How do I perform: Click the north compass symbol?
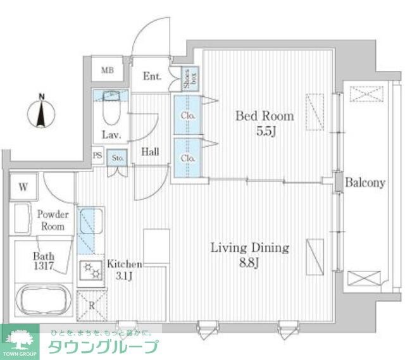point(42,111)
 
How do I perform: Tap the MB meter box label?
point(108,70)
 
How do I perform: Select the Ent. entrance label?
point(152,77)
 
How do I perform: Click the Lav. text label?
point(111,135)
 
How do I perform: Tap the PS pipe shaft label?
point(97,156)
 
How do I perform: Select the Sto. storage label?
point(118,158)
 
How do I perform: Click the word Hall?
point(150,152)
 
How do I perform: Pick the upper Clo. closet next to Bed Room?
point(187,116)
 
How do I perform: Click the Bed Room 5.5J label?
point(265,123)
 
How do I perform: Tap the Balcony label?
point(365,183)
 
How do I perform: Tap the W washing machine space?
point(23,187)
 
